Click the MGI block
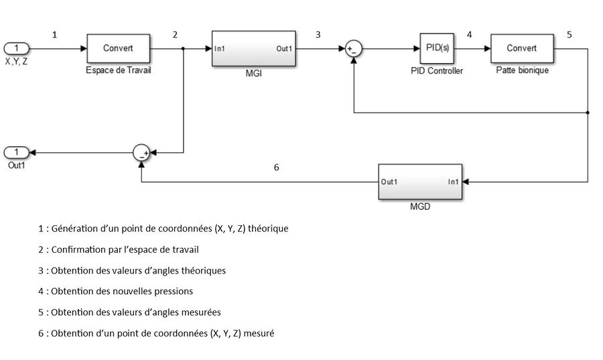click(254, 48)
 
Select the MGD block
click(420, 182)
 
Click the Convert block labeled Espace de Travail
click(118, 48)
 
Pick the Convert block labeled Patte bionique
click(522, 48)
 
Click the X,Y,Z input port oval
click(17, 48)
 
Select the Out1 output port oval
click(17, 152)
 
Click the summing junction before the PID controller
click(353, 48)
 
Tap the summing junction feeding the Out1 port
click(141, 152)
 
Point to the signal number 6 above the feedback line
click(276, 168)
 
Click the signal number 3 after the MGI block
click(318, 35)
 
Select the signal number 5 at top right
click(569, 35)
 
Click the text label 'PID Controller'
click(436, 70)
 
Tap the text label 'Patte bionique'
click(522, 70)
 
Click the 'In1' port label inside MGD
click(453, 182)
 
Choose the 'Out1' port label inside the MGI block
click(284, 49)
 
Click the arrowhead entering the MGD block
click(466, 182)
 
